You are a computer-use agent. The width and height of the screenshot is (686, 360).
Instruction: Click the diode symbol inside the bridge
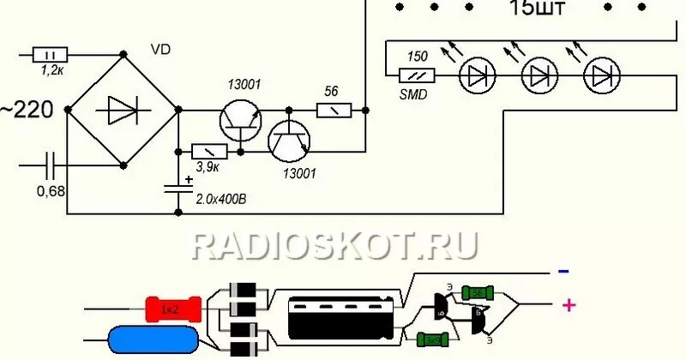[122, 111]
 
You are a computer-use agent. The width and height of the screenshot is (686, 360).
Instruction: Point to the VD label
[159, 49]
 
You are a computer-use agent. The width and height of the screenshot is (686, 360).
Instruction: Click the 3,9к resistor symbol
[208, 152]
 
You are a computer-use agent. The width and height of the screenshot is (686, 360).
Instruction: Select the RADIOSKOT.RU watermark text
[334, 244]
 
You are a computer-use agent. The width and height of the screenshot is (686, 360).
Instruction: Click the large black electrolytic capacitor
[341, 320]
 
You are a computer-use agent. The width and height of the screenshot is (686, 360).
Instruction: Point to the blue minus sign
[563, 272]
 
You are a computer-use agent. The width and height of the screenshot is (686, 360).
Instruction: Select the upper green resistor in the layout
[478, 293]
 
